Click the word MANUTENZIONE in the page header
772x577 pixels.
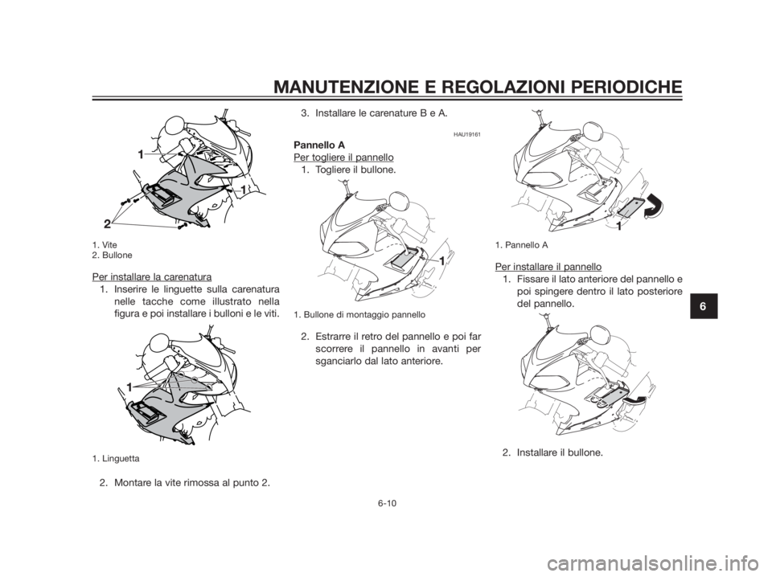coord(344,87)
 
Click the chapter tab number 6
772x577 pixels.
coord(703,305)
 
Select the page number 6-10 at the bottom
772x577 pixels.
coord(388,503)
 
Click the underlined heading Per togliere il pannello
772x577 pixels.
coord(343,158)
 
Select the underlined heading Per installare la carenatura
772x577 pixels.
coord(152,276)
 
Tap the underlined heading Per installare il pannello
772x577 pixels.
coord(548,267)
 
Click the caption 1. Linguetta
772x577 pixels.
coord(116,458)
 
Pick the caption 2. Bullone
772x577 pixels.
coord(112,256)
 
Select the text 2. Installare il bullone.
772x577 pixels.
coord(552,452)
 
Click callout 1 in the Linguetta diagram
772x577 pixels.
coord(129,387)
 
